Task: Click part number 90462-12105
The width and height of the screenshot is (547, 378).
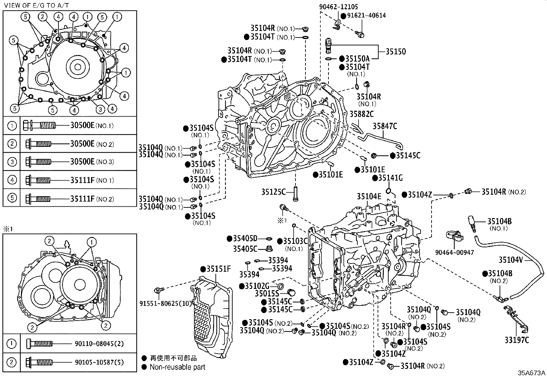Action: [x=338, y=7]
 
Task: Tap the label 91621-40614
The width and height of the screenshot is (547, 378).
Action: [x=366, y=15]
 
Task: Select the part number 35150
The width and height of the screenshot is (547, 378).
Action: [x=395, y=52]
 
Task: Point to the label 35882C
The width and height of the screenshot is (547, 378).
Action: [x=361, y=114]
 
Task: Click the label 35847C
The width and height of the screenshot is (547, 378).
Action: [x=385, y=126]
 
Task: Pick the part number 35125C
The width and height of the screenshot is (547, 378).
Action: [x=273, y=192]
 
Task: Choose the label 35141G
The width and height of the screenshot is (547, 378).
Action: [x=390, y=178]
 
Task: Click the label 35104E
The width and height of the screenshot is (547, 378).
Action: [x=369, y=196]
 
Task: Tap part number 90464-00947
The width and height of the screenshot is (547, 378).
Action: [x=455, y=252]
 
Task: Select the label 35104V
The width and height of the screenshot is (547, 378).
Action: [x=511, y=260]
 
